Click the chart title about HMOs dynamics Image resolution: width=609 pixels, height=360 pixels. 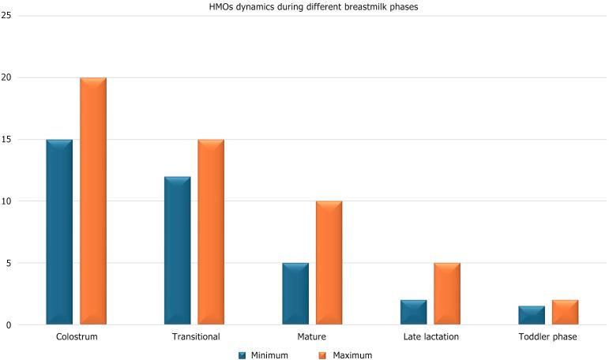tap(304, 6)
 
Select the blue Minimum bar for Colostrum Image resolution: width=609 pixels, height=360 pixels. tap(59, 232)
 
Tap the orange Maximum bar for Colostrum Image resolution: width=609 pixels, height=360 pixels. tap(93, 201)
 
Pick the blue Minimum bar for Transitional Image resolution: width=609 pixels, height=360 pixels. tap(178, 250)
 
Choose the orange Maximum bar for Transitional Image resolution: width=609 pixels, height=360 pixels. tap(211, 232)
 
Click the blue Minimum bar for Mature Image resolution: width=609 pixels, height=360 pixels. tap(295, 294)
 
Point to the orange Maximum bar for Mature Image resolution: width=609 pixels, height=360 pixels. tap(329, 263)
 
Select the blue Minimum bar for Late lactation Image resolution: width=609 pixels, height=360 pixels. tap(413, 312)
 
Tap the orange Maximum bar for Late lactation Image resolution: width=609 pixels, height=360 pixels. tap(447, 294)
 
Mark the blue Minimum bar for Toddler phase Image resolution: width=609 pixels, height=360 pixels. tap(532, 315)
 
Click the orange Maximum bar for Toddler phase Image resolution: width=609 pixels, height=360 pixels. tap(565, 312)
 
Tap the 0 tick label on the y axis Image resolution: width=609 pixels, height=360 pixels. tap(8, 324)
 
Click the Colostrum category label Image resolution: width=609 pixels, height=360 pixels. tap(77, 337)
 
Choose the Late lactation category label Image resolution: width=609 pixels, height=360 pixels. tap(430, 337)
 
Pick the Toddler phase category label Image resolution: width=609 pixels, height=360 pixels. tap(548, 337)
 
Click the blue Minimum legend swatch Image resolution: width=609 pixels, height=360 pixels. tap(242, 355)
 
